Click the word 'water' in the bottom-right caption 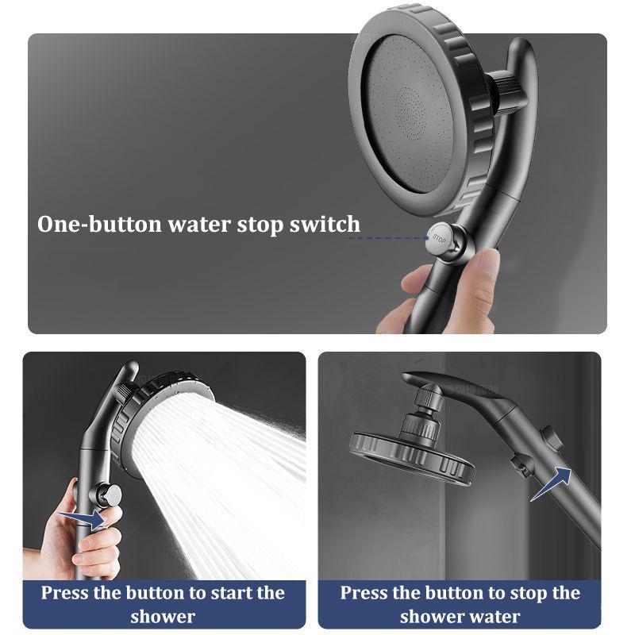point(493,616)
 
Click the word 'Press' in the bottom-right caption point(366,592)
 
